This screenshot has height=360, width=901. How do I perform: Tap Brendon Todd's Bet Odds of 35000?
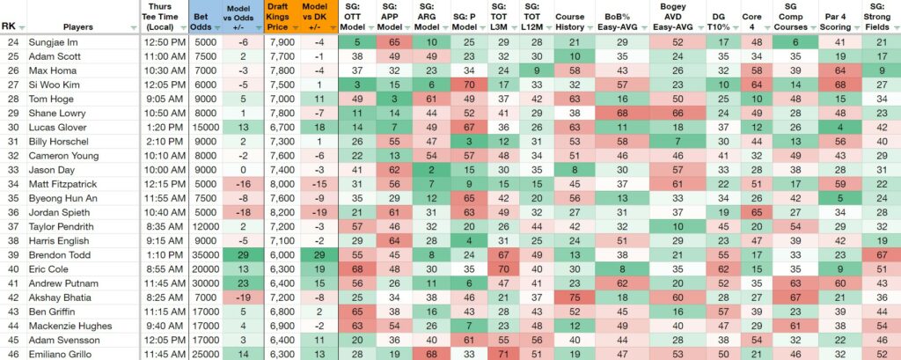(x=207, y=254)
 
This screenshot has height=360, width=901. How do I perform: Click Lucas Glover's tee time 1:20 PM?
(x=164, y=128)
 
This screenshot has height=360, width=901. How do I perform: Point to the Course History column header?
(x=570, y=22)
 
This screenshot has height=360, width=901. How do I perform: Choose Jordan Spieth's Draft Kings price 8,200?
(x=282, y=212)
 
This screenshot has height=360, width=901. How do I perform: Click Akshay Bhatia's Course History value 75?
(x=574, y=298)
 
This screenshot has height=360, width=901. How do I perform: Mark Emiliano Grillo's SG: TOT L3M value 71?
(x=503, y=354)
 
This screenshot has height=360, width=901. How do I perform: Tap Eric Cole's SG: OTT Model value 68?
(x=356, y=269)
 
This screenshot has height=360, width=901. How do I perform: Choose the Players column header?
(x=79, y=26)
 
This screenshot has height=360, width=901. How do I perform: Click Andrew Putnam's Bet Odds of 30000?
(x=207, y=283)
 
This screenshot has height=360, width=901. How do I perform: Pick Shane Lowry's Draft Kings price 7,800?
(x=282, y=114)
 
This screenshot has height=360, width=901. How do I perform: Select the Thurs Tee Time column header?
(x=164, y=17)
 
